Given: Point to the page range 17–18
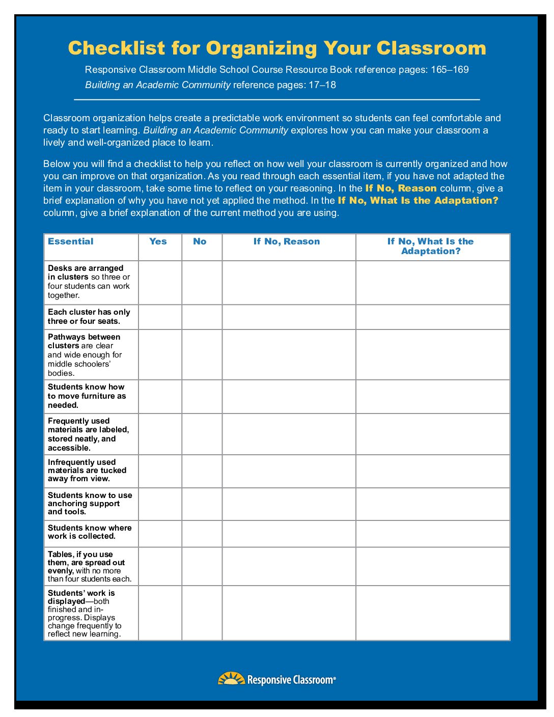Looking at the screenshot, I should tap(322, 85).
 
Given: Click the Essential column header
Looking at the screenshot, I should tap(71, 242).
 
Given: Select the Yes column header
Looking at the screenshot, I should tap(158, 242).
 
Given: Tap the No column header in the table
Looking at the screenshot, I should tap(200, 242).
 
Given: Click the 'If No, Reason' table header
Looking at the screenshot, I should tap(287, 242).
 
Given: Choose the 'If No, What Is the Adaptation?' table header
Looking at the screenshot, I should tap(431, 246).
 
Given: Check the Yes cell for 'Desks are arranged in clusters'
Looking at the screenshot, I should tap(160, 283).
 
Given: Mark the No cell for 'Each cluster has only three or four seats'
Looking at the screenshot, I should tap(202, 317).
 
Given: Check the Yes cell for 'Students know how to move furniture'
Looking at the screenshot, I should tap(160, 397).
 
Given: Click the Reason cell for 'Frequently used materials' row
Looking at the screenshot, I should tap(289, 434).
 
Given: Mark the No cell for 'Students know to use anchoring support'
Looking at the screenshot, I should tap(202, 504).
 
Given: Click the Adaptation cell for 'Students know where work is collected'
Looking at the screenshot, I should tap(433, 534).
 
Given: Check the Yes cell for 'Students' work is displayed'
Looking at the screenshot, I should tap(160, 613).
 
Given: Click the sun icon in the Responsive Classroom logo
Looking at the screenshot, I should tap(231, 679).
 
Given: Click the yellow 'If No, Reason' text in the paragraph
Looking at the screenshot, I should tap(401, 188).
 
